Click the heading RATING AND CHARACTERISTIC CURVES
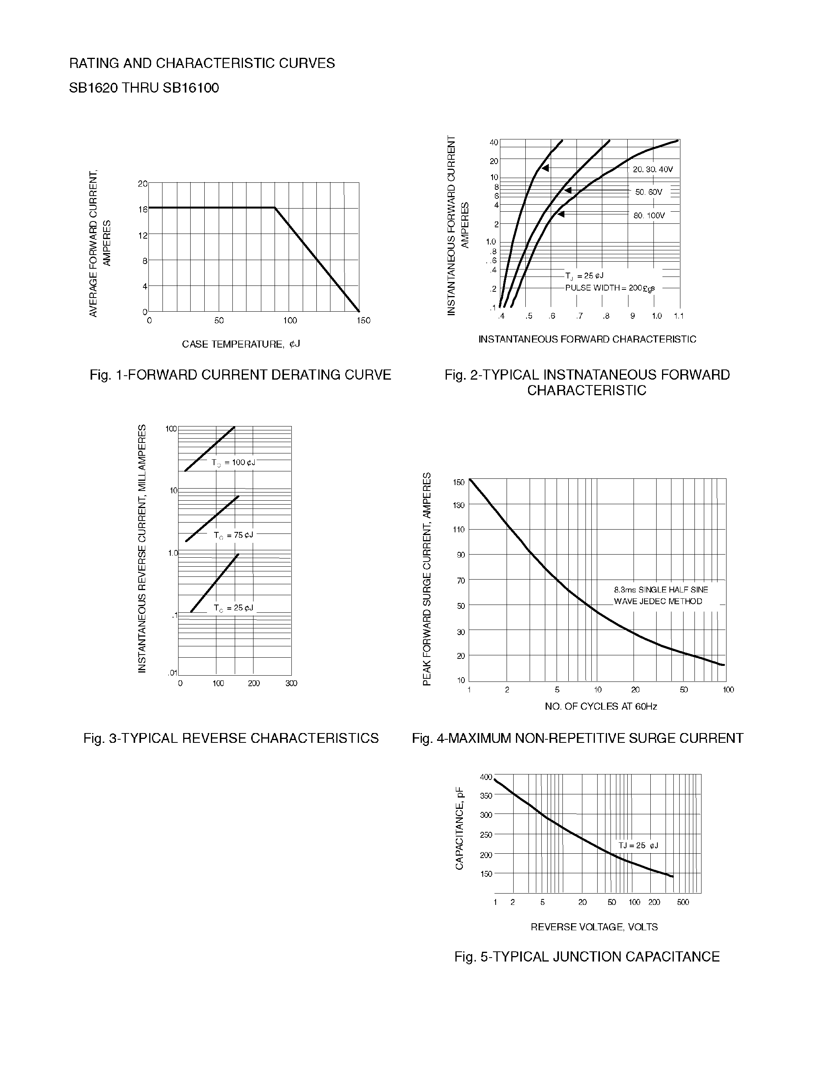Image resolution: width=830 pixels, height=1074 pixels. tap(202, 63)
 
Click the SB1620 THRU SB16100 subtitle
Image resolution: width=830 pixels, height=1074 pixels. tap(144, 88)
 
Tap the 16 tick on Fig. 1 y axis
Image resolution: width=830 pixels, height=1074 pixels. tap(143, 209)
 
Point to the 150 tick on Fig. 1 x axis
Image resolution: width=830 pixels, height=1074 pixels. tap(363, 321)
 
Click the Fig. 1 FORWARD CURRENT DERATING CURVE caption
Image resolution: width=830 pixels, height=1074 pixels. tap(240, 375)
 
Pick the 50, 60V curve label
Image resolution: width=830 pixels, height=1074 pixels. tap(648, 192)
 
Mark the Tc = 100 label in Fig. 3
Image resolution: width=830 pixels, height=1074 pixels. tap(233, 463)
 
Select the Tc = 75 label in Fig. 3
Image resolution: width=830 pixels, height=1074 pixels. tap(233, 535)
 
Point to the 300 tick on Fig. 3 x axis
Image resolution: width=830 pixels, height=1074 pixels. tap(291, 683)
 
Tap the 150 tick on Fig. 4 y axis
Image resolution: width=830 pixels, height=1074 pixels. tap(459, 482)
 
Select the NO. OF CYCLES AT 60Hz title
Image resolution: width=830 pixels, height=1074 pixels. tap(601, 706)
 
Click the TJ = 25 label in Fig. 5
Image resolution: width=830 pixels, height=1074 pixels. tap(638, 845)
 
